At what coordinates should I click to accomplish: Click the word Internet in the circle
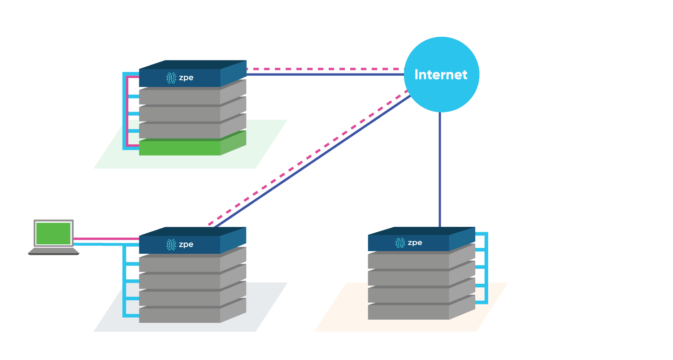coord(441,74)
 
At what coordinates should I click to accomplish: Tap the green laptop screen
coord(54,234)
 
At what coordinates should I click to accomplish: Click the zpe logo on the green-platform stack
coord(180,78)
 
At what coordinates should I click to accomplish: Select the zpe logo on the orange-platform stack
coord(408,243)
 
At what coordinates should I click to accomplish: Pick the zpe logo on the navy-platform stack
coord(180,245)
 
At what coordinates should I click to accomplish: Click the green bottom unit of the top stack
coord(179,148)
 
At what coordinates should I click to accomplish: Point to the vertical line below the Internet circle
coord(440,170)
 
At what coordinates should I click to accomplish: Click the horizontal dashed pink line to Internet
coord(323,69)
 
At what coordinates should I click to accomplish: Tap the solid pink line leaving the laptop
coord(105,239)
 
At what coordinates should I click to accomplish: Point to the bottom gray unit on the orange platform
coord(408,312)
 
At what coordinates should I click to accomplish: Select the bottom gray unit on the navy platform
coord(179,315)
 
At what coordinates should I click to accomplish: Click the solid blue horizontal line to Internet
coord(323,74)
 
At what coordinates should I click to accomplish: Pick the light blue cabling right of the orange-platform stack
coord(486,269)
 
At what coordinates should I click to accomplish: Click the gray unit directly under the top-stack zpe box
coord(179,96)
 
